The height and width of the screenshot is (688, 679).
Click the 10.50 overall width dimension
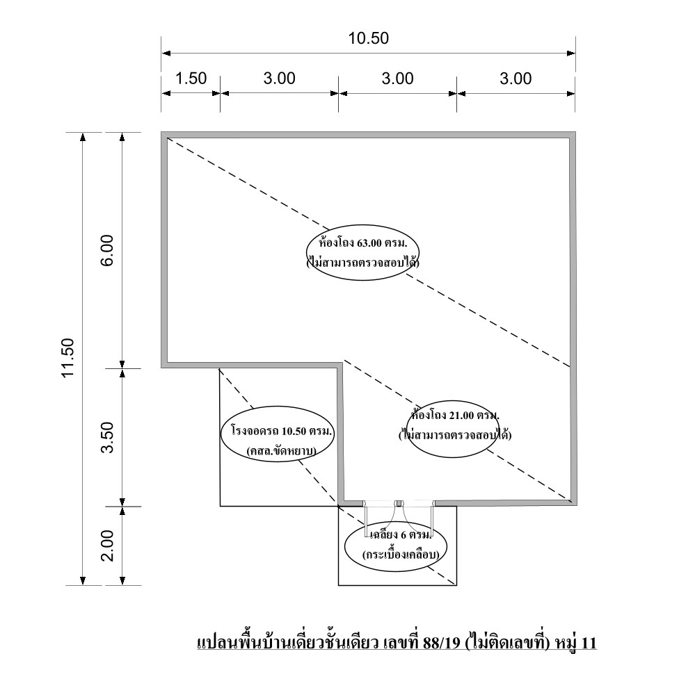click(369, 38)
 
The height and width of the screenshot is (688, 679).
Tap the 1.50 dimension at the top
click(191, 79)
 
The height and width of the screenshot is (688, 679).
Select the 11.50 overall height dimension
click(68, 358)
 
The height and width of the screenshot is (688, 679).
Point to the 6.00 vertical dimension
click(108, 250)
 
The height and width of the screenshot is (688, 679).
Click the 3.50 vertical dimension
click(108, 437)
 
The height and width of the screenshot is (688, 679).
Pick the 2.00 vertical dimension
click(108, 546)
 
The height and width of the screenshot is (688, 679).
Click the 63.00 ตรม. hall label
click(362, 243)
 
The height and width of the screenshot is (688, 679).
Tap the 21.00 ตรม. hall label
click(455, 415)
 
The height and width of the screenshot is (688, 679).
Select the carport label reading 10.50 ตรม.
click(283, 432)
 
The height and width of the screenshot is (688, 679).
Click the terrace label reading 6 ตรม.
click(401, 535)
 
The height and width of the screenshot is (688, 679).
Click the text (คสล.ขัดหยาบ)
click(281, 451)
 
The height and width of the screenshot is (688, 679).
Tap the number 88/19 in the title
click(442, 643)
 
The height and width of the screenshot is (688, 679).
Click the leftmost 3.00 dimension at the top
click(280, 79)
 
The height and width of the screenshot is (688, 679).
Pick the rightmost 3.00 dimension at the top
click(516, 79)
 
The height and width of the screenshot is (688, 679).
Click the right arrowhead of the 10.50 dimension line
click(571, 54)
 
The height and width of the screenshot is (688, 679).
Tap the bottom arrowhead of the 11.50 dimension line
click(82, 581)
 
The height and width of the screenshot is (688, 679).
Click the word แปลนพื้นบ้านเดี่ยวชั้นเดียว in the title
click(288, 644)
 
